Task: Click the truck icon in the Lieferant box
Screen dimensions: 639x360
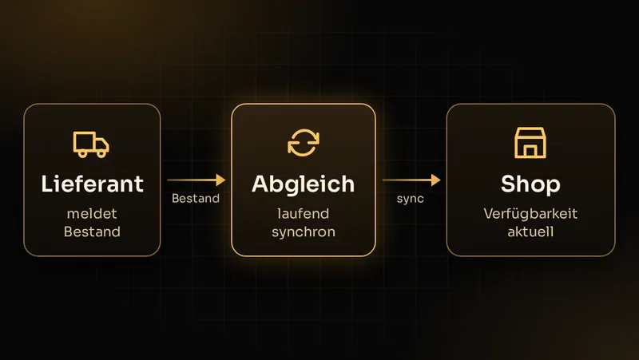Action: [91, 144]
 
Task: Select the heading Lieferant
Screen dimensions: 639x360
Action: [92, 184]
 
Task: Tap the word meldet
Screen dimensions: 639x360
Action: [92, 213]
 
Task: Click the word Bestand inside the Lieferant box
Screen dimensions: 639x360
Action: [92, 231]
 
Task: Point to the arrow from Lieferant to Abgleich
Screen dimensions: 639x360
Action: [196, 180]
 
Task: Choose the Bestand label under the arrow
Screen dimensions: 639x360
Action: [196, 198]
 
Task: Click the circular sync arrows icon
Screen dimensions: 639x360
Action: [304, 143]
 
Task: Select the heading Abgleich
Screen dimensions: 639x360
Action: [304, 184]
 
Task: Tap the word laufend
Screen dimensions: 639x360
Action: [304, 213]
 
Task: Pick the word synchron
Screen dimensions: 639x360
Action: [304, 232]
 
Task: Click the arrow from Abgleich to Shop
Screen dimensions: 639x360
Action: [411, 180]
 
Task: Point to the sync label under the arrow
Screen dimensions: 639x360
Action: [411, 199]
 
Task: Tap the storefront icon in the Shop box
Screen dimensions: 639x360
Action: [530, 143]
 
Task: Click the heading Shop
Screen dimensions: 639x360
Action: [530, 184]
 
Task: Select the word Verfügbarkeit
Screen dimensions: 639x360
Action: [530, 213]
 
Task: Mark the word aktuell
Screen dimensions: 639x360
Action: [530, 231]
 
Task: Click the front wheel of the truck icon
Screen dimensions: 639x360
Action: [101, 153]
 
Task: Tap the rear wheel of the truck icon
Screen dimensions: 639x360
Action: [83, 153]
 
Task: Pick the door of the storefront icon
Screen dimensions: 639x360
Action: [530, 152]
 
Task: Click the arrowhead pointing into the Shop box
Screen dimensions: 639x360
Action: [435, 180]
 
